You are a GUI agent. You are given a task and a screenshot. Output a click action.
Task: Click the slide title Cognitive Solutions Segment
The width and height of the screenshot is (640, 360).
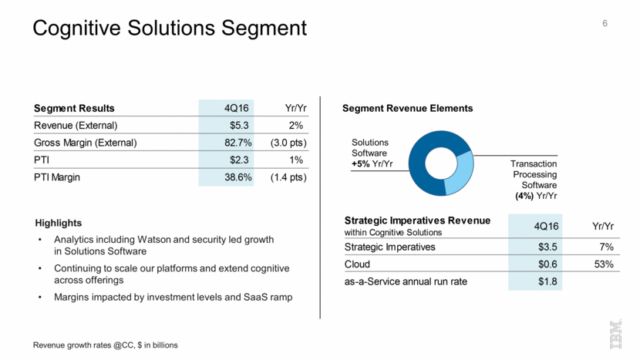tap(169, 29)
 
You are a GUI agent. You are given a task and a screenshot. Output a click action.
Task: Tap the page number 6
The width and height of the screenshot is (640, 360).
tap(605, 24)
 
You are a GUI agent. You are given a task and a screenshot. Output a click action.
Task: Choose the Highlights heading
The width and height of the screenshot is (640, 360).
tap(60, 224)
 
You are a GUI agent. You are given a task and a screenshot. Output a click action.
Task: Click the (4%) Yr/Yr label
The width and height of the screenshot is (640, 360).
tap(536, 196)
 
